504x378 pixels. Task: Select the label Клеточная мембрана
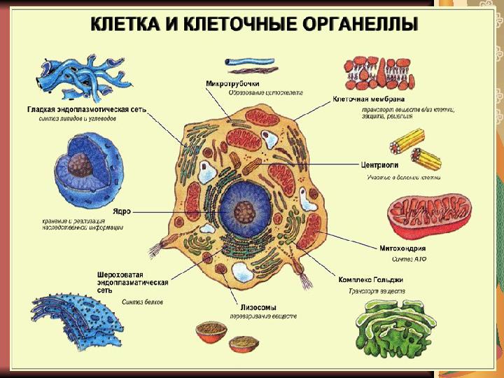click(368, 99)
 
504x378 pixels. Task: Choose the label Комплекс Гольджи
click(371, 279)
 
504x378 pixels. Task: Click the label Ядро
click(121, 210)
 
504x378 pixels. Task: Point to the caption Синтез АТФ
click(408, 260)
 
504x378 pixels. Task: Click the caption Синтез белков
click(142, 302)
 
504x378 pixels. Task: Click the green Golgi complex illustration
click(390, 329)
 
